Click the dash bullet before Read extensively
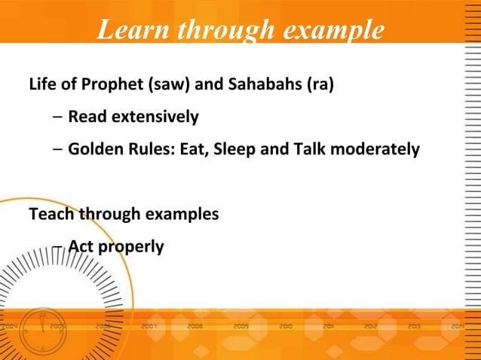pos(58,117)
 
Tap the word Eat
pos(191,149)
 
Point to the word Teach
pos(47,214)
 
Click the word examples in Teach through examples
pos(180,214)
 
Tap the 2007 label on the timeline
pos(149,328)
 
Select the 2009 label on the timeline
pos(241,328)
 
